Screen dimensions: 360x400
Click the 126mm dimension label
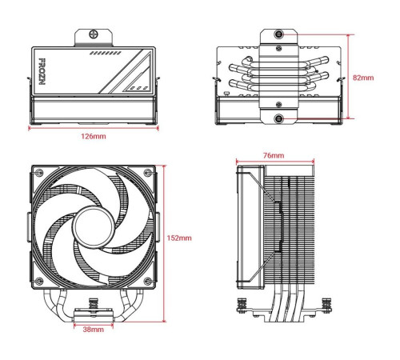93,136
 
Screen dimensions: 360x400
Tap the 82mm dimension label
362,78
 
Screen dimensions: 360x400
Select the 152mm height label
181,238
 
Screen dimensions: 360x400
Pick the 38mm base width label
93,329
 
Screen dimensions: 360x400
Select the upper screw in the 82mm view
278,35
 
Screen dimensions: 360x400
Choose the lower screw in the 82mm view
278,119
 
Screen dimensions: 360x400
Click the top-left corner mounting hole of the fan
37,173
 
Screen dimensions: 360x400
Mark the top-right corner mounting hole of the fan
150,173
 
